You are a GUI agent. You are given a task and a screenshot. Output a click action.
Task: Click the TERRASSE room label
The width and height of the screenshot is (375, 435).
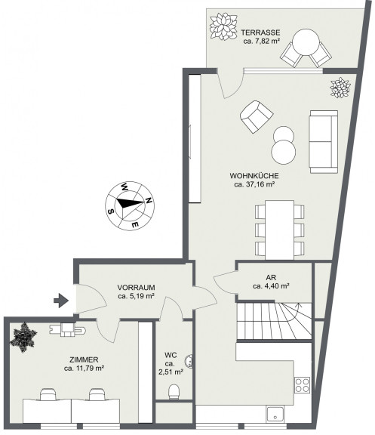260,32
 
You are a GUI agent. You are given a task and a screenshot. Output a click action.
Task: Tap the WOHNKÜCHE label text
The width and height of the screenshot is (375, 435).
254,176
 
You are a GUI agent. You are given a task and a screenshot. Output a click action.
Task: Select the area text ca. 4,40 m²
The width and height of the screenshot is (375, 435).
271,286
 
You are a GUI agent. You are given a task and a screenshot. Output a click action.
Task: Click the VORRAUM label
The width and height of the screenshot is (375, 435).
136,288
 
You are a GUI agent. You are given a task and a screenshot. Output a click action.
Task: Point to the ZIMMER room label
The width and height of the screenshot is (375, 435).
84,359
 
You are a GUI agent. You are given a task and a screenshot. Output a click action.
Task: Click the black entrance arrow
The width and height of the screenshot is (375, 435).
61,301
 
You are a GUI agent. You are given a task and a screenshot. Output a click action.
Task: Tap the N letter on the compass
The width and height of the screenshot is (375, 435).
149,200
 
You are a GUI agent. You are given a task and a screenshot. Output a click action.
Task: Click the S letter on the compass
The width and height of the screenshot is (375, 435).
111,211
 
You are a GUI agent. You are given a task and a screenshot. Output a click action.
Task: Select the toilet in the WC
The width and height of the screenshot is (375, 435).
174,392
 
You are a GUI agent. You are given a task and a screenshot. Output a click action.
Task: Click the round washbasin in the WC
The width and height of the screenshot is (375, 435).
189,361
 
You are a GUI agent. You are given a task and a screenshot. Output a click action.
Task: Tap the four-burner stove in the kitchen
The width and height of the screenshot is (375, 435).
302,385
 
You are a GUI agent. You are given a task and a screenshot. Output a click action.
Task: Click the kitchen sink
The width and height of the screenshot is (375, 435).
275,414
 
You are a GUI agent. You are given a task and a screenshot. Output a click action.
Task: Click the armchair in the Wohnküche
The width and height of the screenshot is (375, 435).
257,116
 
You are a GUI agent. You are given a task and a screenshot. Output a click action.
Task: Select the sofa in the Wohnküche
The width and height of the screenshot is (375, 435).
324,142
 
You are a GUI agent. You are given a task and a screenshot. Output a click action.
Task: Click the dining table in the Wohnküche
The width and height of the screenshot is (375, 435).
279,230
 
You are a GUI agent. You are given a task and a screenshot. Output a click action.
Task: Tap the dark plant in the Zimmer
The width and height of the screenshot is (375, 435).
23,338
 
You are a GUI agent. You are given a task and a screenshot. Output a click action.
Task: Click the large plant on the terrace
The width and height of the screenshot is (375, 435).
223,26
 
